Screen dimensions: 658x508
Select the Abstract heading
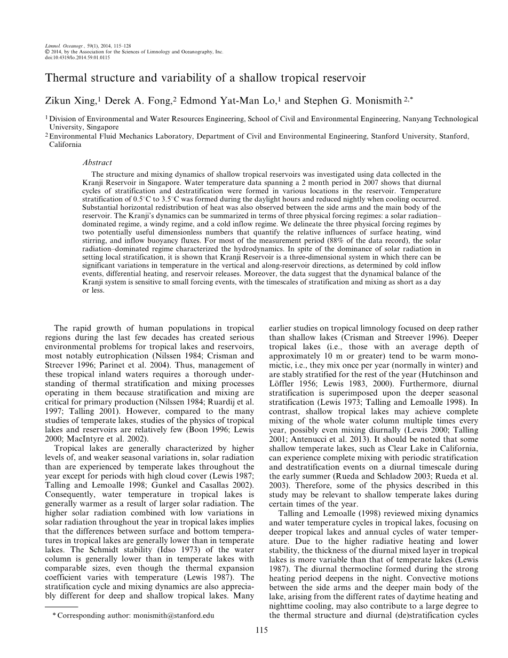click(x=97, y=163)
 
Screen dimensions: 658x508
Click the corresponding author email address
click(x=172, y=615)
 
